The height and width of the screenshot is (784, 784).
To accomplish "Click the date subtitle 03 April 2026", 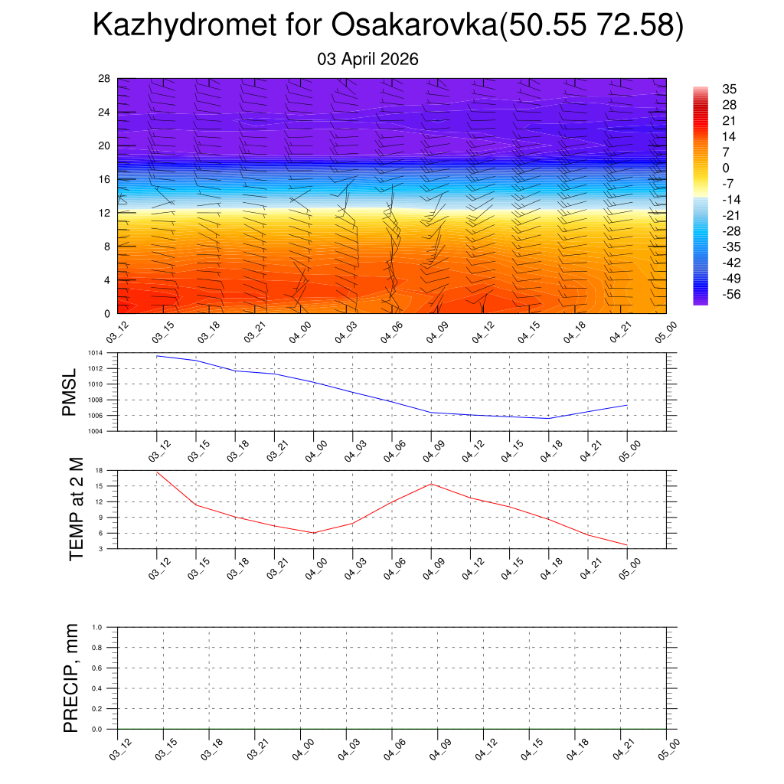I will [x=367, y=59].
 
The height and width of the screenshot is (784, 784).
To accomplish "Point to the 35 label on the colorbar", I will [x=729, y=89].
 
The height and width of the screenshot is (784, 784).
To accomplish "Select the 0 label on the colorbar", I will [x=726, y=168].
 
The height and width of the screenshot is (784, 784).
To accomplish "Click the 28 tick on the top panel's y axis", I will [x=105, y=78].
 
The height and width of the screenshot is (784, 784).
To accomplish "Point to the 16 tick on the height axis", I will [x=105, y=179].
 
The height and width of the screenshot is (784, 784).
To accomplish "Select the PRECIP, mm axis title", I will [x=71, y=678].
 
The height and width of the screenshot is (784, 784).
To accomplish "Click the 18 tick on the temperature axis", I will [x=100, y=470].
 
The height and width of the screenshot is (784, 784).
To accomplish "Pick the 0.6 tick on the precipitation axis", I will [x=97, y=668].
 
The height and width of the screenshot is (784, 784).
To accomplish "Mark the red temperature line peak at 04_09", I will [x=431, y=484].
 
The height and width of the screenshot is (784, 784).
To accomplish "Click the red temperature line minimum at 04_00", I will [x=314, y=533].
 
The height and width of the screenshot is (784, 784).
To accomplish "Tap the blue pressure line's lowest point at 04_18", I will [x=549, y=418].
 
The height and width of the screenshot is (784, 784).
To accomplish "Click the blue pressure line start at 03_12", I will [x=157, y=356].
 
